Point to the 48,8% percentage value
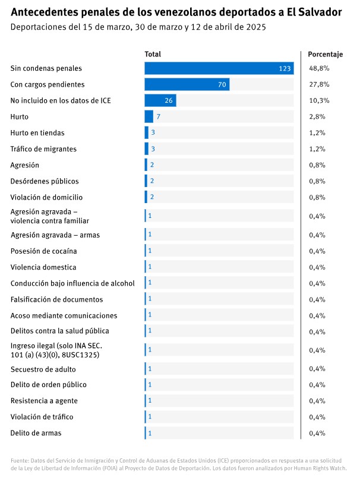(319, 69)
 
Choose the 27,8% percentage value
(319, 85)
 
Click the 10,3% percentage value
(319, 101)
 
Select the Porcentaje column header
(325, 55)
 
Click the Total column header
(153, 55)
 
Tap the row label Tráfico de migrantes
(43, 149)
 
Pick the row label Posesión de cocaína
(43, 251)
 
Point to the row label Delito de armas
(36, 433)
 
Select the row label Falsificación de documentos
(56, 299)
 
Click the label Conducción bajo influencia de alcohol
(72, 283)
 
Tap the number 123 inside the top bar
(285, 69)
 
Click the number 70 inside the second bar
(222, 85)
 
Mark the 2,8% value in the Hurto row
(317, 117)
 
